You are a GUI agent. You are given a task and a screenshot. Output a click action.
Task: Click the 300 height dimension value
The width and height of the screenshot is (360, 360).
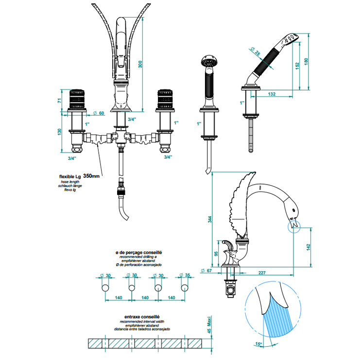coord(141,65)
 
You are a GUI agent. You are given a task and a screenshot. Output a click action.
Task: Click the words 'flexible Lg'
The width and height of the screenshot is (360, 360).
coord(69,176)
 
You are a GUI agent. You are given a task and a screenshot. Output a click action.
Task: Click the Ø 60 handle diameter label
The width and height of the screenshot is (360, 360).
coord(99,113)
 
